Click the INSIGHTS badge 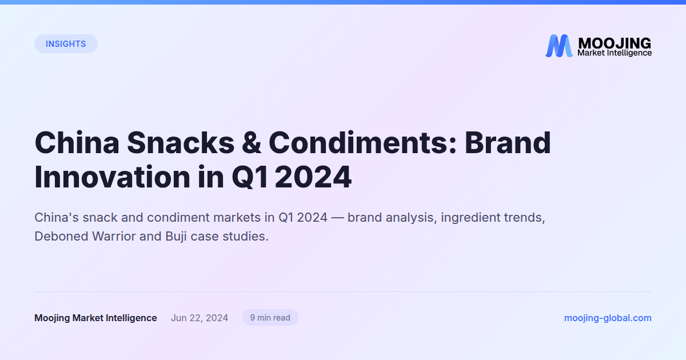[66, 44]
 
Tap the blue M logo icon [559, 46]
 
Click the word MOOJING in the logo [614, 43]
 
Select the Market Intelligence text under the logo [614, 53]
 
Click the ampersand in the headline [250, 143]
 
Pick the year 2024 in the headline [313, 177]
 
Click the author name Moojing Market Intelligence [95, 318]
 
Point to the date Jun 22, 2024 [200, 318]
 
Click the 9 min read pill [270, 318]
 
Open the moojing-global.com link [608, 318]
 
